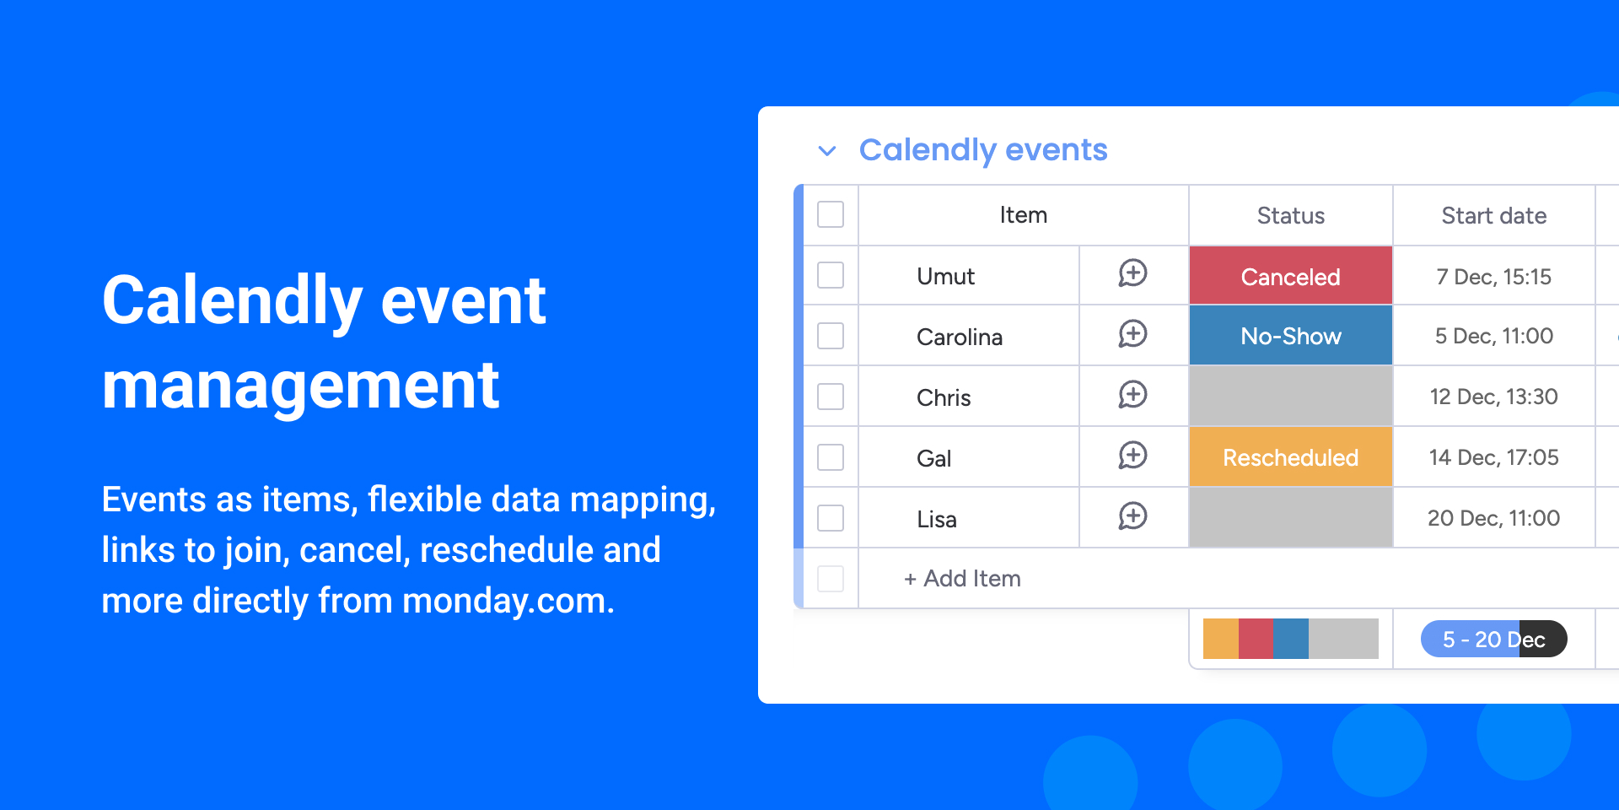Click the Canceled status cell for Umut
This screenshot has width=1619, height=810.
pos(1290,276)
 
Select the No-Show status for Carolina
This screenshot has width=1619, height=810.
pos(1290,336)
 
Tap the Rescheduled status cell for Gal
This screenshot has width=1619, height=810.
pos(1290,457)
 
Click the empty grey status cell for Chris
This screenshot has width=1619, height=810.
pos(1290,397)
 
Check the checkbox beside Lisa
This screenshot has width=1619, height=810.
pos(831,518)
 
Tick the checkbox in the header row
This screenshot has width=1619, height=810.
pos(831,214)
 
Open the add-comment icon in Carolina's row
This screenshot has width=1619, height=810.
pos(1132,335)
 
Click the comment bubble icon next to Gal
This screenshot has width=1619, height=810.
pos(1132,456)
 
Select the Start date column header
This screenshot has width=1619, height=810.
pos(1493,216)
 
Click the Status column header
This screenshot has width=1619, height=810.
pos(1290,216)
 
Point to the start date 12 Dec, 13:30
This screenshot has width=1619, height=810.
pos(1493,397)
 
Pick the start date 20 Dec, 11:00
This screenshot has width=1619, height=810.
pos(1493,518)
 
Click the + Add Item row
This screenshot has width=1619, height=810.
pos(962,579)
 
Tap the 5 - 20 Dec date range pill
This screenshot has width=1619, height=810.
pos(1493,639)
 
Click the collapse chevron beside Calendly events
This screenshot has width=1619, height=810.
pos(827,151)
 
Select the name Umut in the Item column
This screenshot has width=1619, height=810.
pos(945,277)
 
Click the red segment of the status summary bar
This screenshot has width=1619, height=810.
pos(1256,639)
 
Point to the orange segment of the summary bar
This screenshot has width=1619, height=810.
pos(1221,639)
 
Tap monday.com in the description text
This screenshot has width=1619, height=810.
pos(508,601)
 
